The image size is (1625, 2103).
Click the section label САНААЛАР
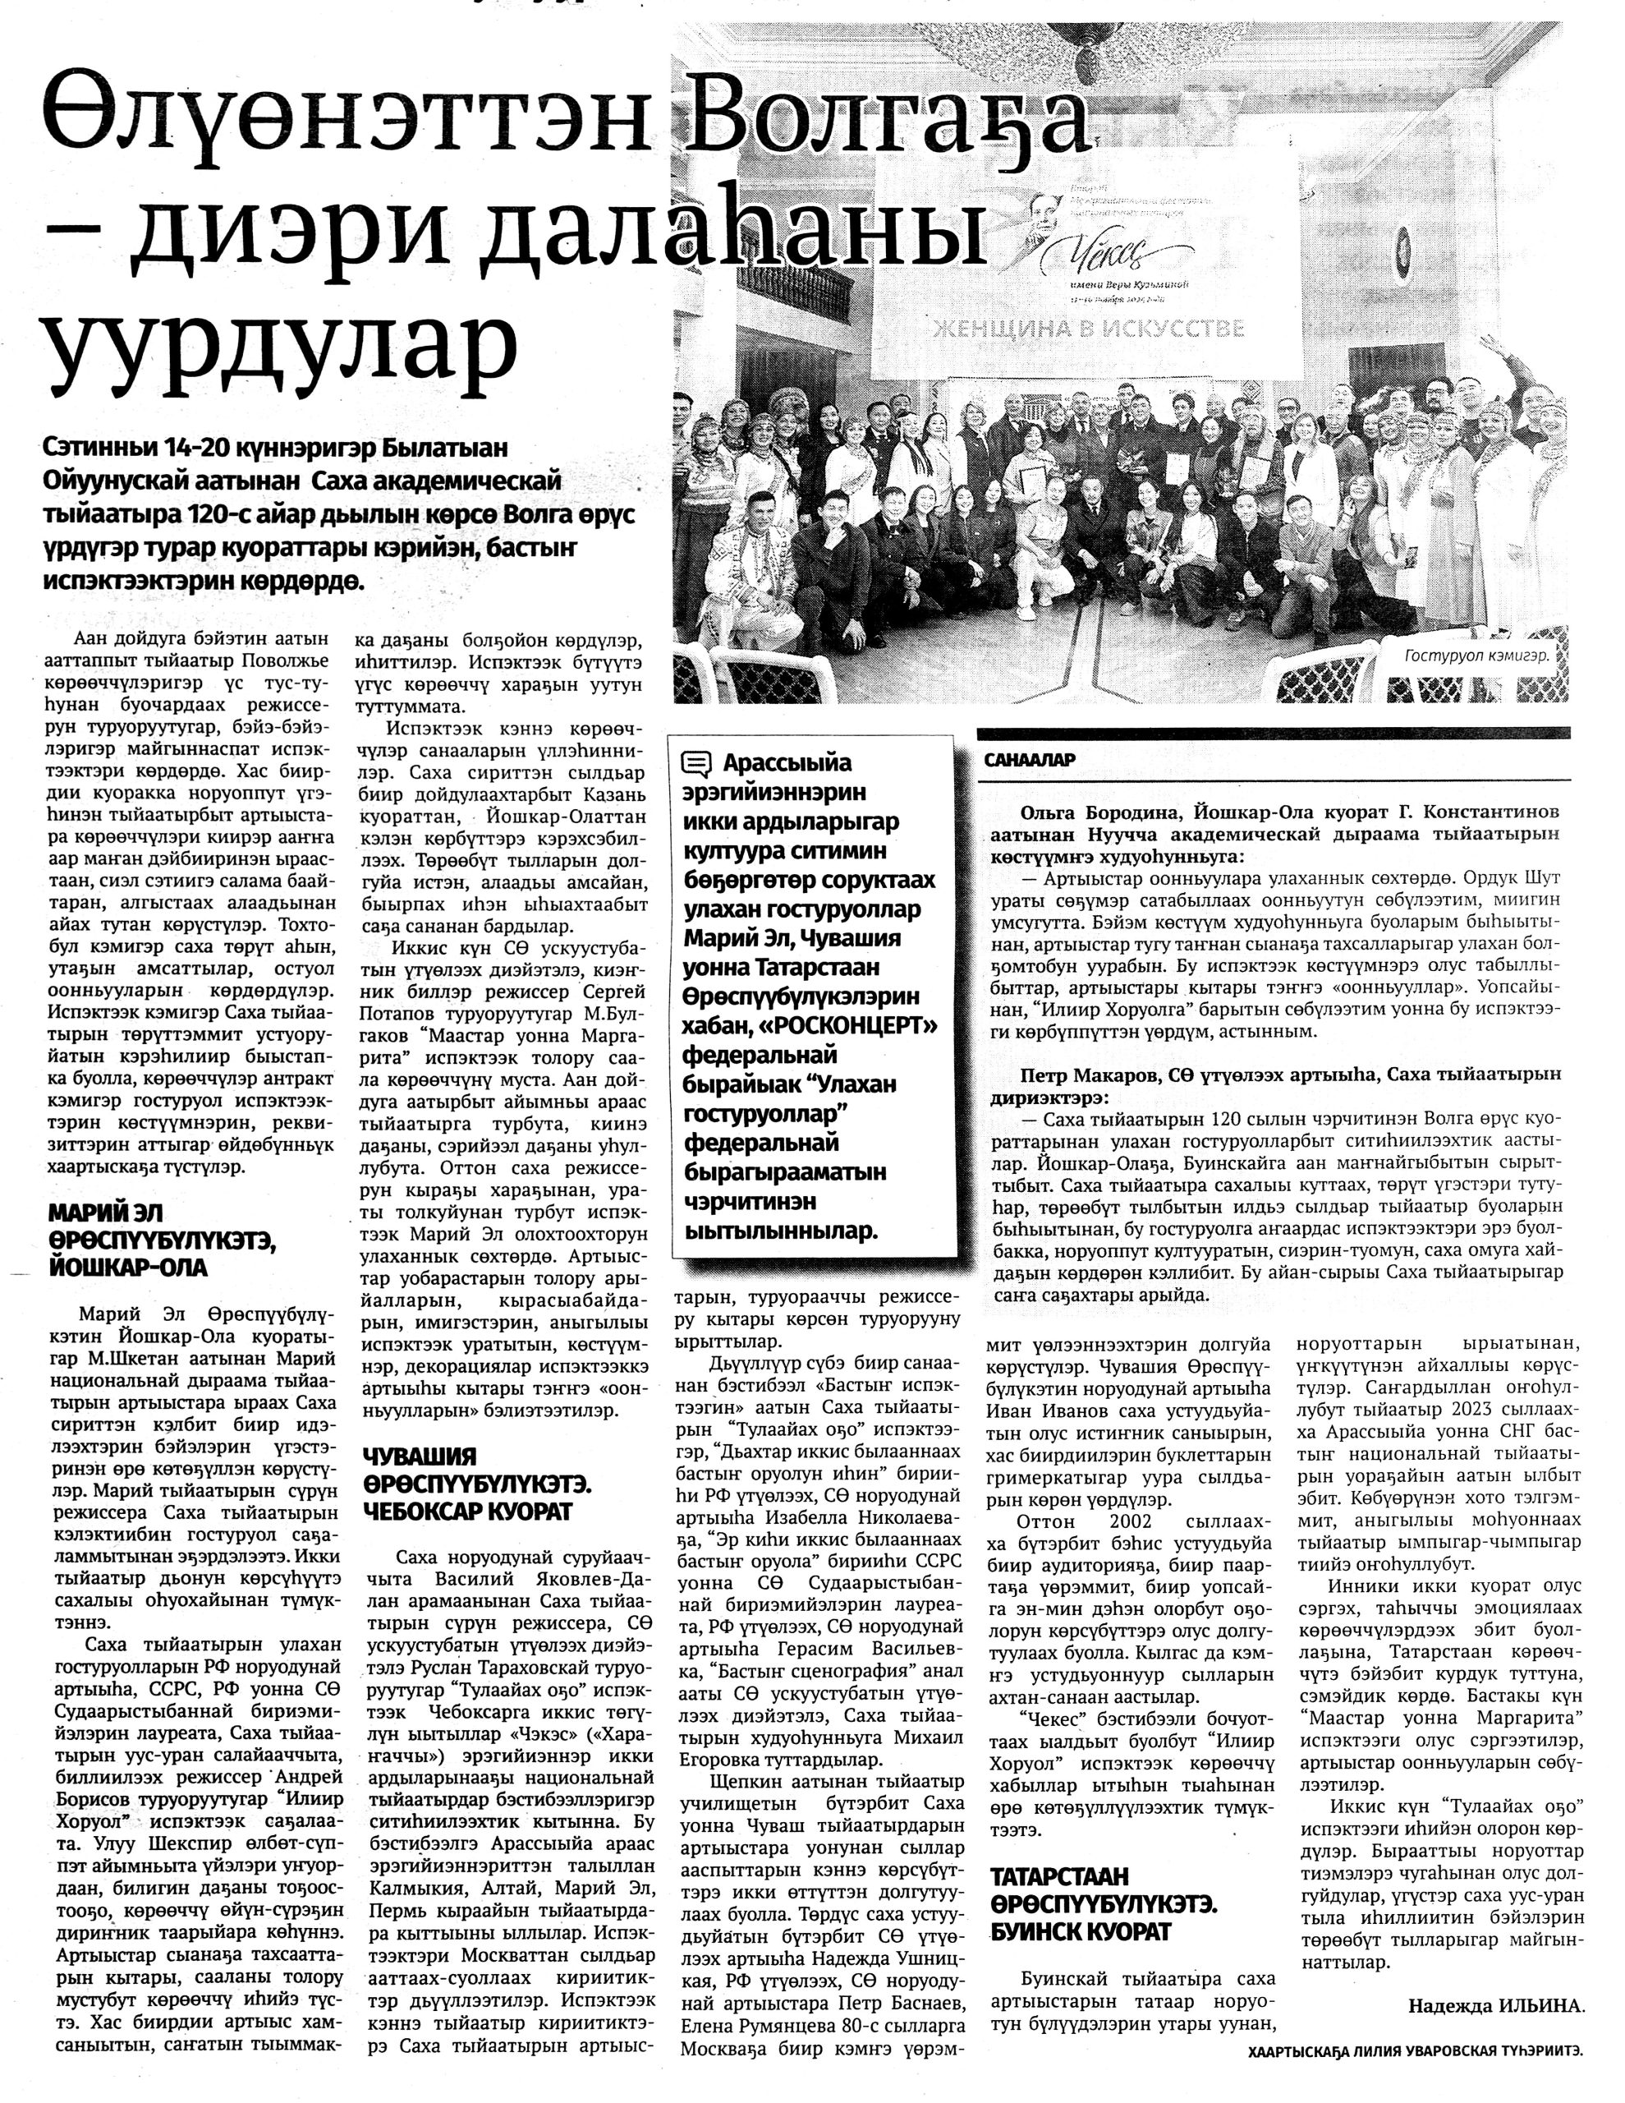1029,760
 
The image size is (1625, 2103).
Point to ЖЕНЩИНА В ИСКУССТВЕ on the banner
1086,329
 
